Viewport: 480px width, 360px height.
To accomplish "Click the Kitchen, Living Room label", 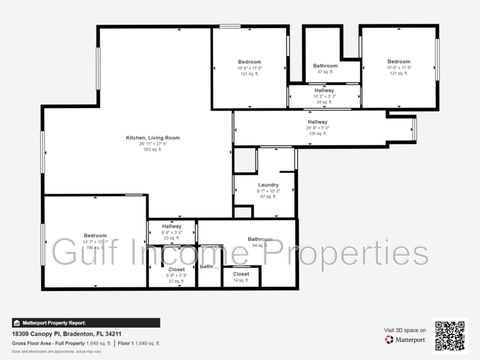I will pyautogui.click(x=152, y=138).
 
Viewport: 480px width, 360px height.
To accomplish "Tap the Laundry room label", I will pyautogui.click(x=268, y=185).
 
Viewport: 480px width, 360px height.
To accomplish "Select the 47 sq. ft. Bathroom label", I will pyautogui.click(x=325, y=66).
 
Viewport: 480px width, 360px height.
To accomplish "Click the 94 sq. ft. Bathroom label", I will pyautogui.click(x=260, y=239).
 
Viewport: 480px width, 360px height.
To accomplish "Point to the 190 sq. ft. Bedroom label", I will pyautogui.click(x=95, y=236).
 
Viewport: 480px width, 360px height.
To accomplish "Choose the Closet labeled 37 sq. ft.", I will pyautogui.click(x=176, y=270).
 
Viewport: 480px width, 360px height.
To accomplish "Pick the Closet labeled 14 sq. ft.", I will pyautogui.click(x=241, y=274).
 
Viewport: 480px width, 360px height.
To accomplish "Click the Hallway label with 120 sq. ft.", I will pyautogui.click(x=317, y=122).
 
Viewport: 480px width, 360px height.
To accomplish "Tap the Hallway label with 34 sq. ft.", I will pyautogui.click(x=324, y=91).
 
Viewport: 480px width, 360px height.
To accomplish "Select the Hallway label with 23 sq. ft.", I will pyautogui.click(x=172, y=226).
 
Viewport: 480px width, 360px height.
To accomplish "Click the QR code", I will pyautogui.click(x=450, y=335).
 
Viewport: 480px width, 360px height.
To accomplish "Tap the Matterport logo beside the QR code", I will pyautogui.click(x=406, y=340).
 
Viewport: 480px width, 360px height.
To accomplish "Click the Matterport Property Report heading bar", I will pyautogui.click(x=86, y=323).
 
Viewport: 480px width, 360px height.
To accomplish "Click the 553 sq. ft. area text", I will pyautogui.click(x=152, y=149).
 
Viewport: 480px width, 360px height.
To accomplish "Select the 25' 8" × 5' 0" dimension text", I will pyautogui.click(x=317, y=128).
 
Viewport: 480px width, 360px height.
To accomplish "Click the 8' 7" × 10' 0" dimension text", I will pyautogui.click(x=268, y=191).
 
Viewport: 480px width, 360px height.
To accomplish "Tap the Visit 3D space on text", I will pyautogui.click(x=405, y=330).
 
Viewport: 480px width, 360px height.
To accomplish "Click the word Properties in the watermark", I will pyautogui.click(x=347, y=252).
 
